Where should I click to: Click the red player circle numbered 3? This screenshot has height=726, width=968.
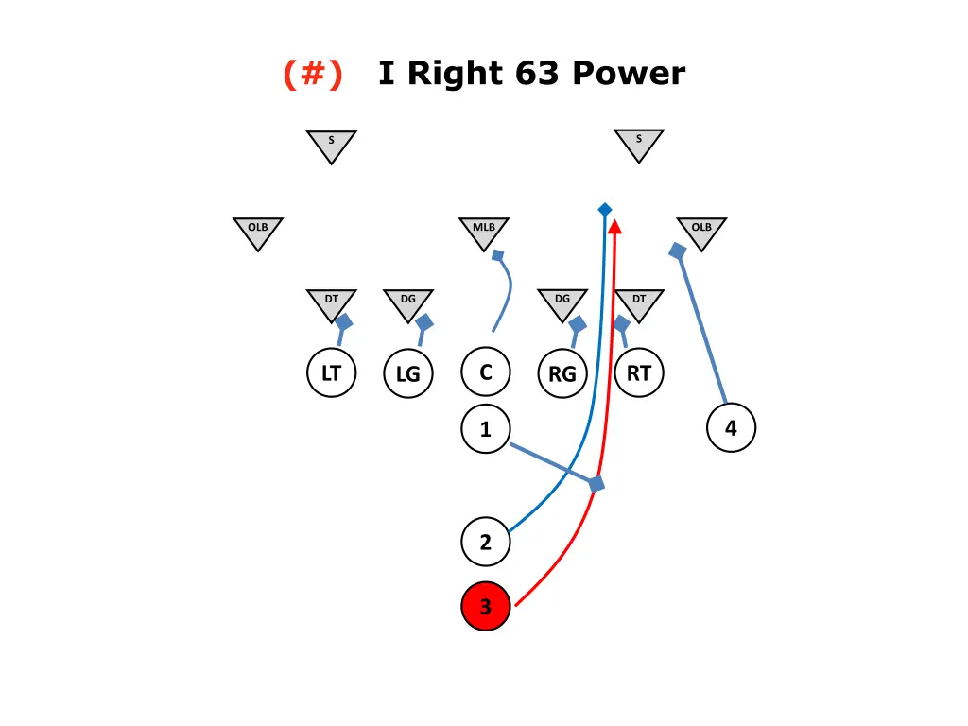[x=486, y=606]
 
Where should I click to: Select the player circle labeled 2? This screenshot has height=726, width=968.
[x=486, y=543]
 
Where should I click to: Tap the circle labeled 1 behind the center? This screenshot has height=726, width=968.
[x=486, y=430]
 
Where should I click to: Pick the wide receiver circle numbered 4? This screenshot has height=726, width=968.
[x=731, y=428]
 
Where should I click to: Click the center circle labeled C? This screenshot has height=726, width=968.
[x=486, y=372]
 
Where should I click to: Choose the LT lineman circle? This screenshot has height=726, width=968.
[x=331, y=372]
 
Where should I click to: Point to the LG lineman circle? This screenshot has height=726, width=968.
[x=408, y=374]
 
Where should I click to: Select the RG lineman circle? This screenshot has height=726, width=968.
[x=562, y=374]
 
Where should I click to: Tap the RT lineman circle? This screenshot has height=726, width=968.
[x=639, y=372]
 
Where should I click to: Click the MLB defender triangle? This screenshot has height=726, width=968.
[x=485, y=231]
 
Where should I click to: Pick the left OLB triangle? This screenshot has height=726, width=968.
[x=258, y=231]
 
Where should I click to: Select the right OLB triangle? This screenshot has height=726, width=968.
[x=701, y=231]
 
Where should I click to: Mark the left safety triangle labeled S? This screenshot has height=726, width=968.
[x=331, y=144]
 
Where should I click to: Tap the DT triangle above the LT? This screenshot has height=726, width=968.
[x=331, y=302]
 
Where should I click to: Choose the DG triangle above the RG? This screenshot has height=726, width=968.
[x=562, y=302]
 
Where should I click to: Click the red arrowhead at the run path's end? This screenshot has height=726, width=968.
[x=615, y=227]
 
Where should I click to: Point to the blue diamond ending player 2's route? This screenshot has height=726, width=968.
[x=604, y=209]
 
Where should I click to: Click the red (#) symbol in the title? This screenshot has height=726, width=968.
[x=313, y=73]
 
